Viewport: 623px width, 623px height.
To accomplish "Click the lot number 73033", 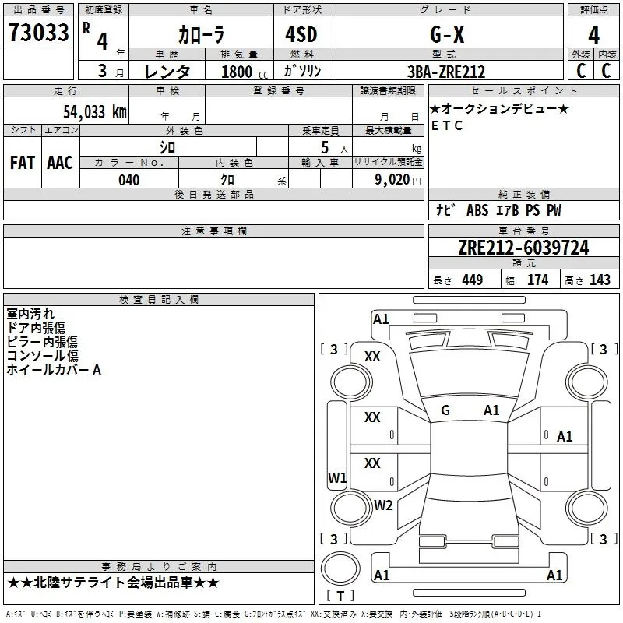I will click(x=38, y=33).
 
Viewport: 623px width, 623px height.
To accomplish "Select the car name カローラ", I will click(x=200, y=34).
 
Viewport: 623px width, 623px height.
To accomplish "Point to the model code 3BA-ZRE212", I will click(x=446, y=72).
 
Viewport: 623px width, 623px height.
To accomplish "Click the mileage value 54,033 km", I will click(x=94, y=111).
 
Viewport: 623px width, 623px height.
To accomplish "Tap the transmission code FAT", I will click(x=22, y=163).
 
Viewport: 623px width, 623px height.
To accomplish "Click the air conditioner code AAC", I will click(x=59, y=163).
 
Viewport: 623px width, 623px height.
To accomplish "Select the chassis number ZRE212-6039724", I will click(x=523, y=248).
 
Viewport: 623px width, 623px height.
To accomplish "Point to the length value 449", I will click(x=471, y=280).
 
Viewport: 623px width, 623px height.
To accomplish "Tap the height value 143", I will click(x=600, y=280).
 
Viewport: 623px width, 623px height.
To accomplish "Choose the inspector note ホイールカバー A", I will click(x=54, y=370).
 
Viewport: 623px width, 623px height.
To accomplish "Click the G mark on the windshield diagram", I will click(x=445, y=410).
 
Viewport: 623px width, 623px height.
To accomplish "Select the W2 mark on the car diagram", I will click(x=383, y=505).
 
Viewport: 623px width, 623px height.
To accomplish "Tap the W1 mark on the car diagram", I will click(x=337, y=477).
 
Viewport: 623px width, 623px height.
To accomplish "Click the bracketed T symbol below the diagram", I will click(x=340, y=597).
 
